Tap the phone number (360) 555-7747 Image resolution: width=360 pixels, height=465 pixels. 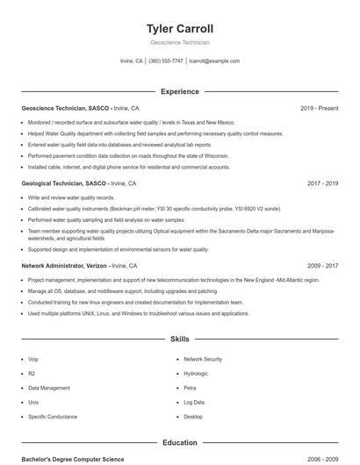pyautogui.click(x=166, y=61)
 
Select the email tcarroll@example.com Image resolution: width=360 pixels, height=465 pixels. pyautogui.click(x=214, y=61)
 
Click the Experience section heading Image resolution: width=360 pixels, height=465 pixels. pyautogui.click(x=179, y=91)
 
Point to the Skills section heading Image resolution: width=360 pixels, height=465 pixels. pyautogui.click(x=179, y=338)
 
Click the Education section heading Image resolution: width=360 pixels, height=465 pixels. pyautogui.click(x=179, y=443)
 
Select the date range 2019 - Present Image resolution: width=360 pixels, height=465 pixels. pyautogui.click(x=319, y=108)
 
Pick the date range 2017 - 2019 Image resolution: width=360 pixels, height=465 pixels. pyautogui.click(x=322, y=183)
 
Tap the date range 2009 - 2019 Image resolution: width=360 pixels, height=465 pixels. pyautogui.click(x=322, y=264)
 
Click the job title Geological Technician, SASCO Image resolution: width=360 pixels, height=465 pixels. pyautogui.click(x=64, y=183)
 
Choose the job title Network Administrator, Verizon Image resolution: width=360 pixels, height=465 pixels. pyautogui.click(x=66, y=264)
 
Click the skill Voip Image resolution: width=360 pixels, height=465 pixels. pyautogui.click(x=33, y=359)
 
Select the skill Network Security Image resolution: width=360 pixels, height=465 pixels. pyautogui.click(x=203, y=359)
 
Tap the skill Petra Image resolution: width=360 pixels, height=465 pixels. pyautogui.click(x=190, y=387)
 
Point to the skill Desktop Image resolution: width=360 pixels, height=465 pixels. pyautogui.click(x=193, y=416)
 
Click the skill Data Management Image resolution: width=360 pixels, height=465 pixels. pyautogui.click(x=48, y=387)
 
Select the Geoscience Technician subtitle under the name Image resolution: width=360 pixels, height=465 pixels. pyautogui.click(x=179, y=42)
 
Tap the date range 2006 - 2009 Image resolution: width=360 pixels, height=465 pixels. pyautogui.click(x=322, y=459)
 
